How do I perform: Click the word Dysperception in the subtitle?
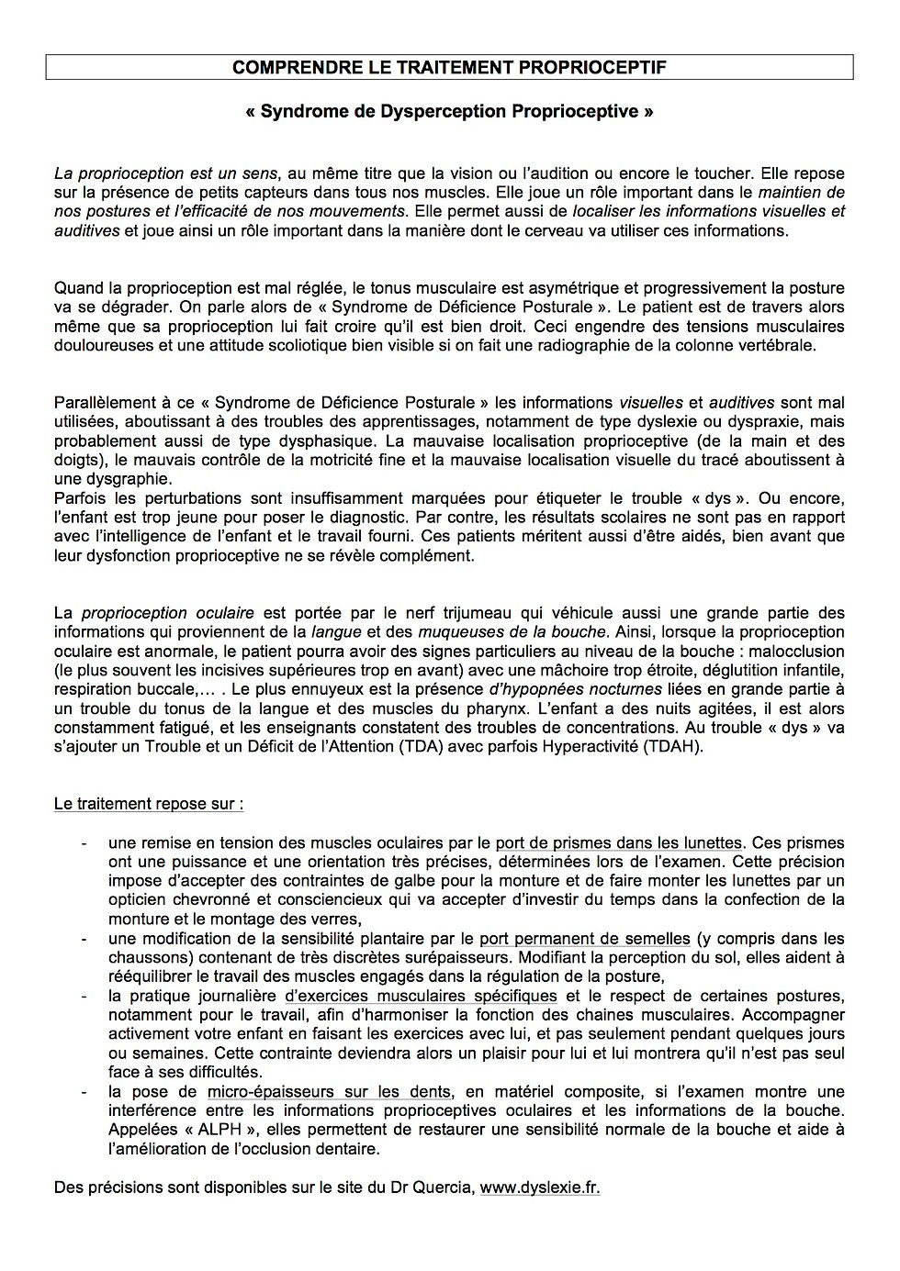pos(425,111)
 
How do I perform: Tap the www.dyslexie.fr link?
pos(539,1187)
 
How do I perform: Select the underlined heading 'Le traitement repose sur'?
pos(148,804)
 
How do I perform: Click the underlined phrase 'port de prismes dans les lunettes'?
pos(618,842)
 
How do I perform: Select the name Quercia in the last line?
pos(444,1187)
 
